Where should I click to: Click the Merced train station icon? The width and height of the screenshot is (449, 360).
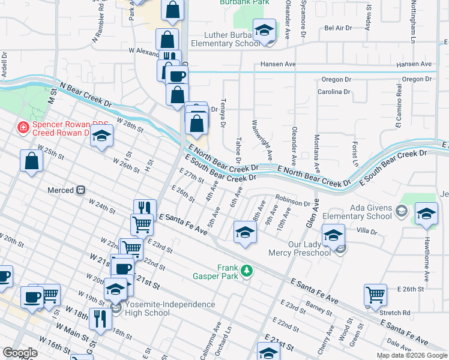point(79,190)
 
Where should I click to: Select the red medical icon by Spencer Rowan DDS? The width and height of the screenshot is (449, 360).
point(23,127)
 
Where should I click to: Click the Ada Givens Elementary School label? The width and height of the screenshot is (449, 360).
point(357,212)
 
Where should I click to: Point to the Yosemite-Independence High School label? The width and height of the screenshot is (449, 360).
point(148,308)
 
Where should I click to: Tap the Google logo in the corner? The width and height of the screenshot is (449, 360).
point(19,353)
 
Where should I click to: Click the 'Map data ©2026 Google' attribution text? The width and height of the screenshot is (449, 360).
point(411,355)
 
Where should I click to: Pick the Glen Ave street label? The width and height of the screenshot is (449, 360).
point(311,214)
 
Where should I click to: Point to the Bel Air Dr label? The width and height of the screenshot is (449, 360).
point(337,28)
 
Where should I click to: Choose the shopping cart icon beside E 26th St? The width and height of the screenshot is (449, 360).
point(375,294)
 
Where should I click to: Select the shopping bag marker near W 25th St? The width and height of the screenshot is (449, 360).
point(31,161)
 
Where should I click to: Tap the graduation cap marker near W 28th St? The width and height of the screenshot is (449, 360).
point(101,136)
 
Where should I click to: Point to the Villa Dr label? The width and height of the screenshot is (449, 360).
point(382,230)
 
